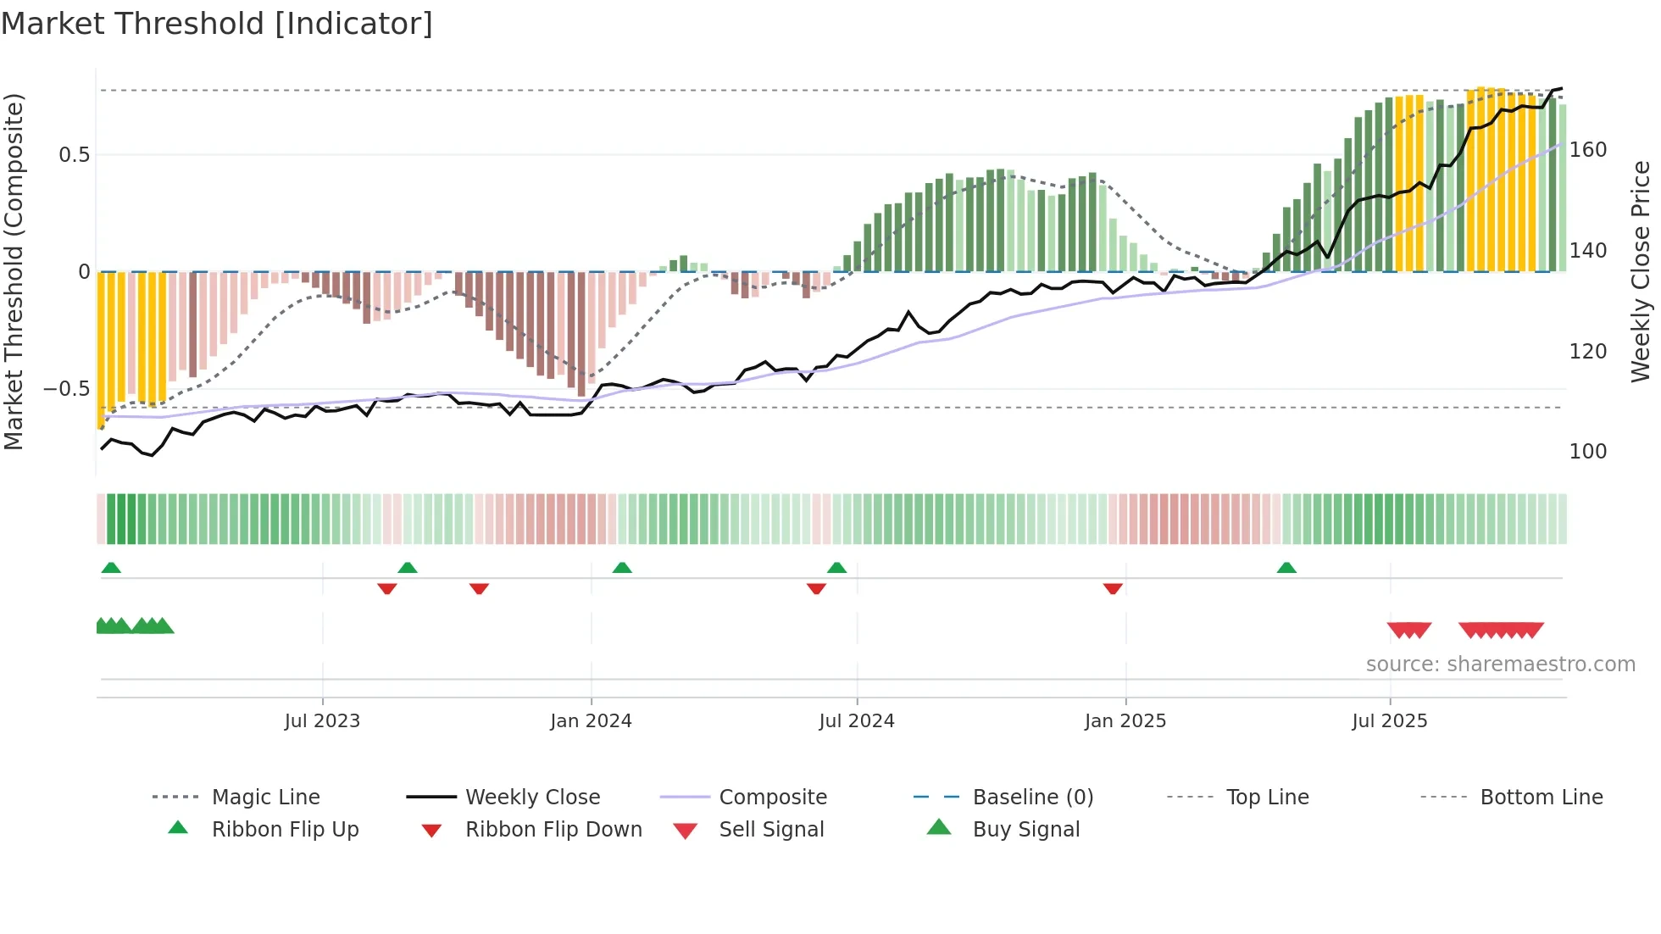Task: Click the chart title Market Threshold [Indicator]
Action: [x=217, y=24]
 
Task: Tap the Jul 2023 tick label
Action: [x=322, y=721]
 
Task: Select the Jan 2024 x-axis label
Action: [x=591, y=721]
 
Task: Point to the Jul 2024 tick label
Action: [x=857, y=721]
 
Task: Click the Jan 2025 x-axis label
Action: [x=1125, y=721]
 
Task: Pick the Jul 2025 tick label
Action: [x=1390, y=721]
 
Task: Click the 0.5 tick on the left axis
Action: [x=74, y=155]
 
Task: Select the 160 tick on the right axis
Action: [x=1588, y=150]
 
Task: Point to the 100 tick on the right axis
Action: [x=1588, y=452]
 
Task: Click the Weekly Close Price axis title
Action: [x=1641, y=271]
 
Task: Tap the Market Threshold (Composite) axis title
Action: [x=14, y=271]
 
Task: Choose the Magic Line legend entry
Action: [x=265, y=798]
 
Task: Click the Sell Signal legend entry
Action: [x=771, y=830]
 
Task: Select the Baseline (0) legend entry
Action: [x=1032, y=798]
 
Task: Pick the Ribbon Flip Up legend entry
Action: [x=285, y=830]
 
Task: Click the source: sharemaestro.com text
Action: [x=1500, y=664]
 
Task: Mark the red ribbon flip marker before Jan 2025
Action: [x=1113, y=588]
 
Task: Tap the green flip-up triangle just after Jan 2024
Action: [x=622, y=568]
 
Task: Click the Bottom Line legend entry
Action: [x=1541, y=798]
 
